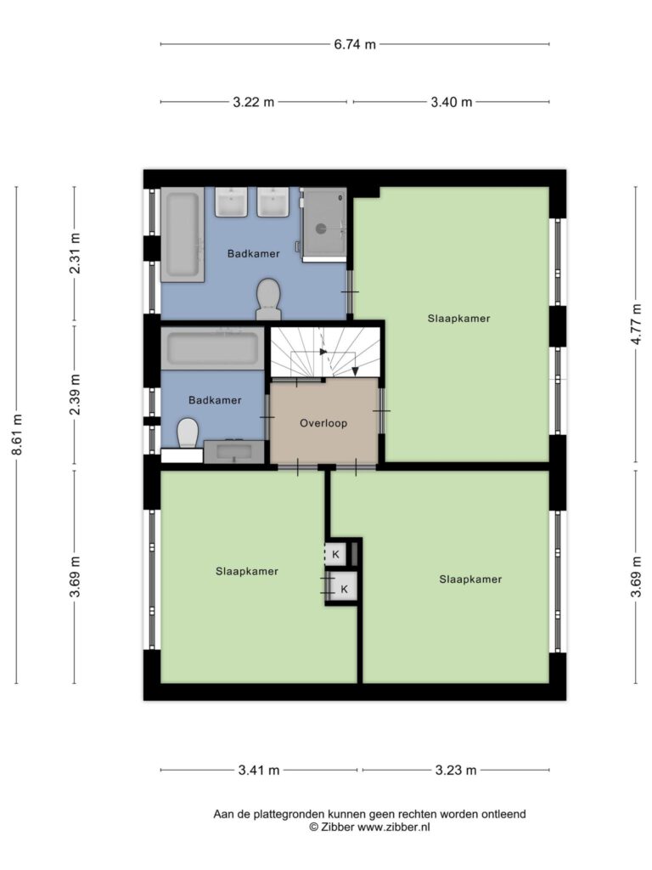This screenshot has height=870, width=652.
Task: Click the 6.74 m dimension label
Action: (x=355, y=44)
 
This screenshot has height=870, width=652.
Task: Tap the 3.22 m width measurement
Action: (x=253, y=102)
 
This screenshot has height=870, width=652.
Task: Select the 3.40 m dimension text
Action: (x=452, y=102)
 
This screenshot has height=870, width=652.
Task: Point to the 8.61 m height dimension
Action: (x=17, y=434)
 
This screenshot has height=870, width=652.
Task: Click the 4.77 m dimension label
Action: (x=636, y=324)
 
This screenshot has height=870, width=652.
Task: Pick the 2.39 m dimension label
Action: (x=75, y=394)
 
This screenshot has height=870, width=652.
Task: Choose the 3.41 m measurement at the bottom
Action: (x=259, y=770)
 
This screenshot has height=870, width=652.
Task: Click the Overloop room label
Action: (x=323, y=423)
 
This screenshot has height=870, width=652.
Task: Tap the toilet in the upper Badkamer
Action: (x=268, y=300)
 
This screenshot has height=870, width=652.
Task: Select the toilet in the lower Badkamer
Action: (x=188, y=432)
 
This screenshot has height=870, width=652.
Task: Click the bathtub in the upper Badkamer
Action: (x=183, y=234)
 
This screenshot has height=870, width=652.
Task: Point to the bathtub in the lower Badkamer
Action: (x=213, y=347)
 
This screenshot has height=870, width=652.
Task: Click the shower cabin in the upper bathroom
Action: (x=324, y=224)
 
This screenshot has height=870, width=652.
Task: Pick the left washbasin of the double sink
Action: (x=232, y=202)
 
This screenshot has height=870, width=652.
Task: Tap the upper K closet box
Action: (x=336, y=554)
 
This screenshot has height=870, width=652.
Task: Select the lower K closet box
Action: (x=345, y=589)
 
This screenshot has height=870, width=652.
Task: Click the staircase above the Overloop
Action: (x=325, y=352)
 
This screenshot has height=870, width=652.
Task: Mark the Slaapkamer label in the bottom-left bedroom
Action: (x=247, y=572)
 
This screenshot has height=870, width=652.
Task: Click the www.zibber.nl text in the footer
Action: (x=394, y=828)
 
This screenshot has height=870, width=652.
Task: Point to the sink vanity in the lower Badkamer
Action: (x=234, y=451)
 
